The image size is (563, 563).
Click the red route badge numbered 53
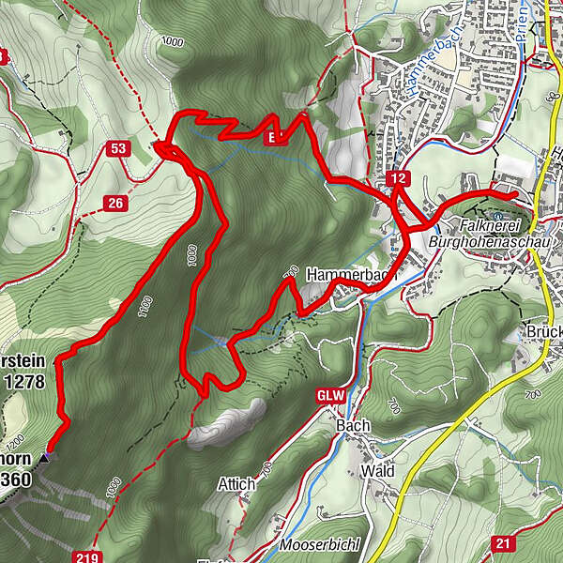(117, 148)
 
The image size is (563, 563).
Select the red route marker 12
(399, 178)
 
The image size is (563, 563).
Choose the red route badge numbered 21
(502, 543)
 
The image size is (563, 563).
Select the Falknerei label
(491, 225)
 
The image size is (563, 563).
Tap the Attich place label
(236, 484)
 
